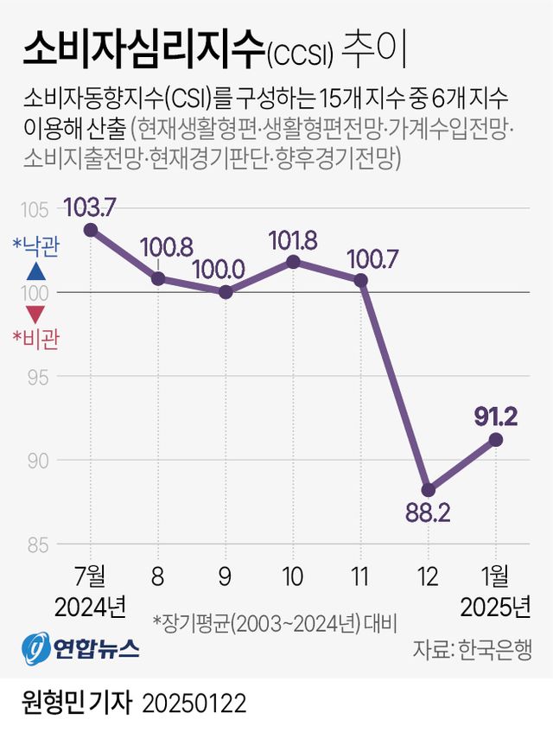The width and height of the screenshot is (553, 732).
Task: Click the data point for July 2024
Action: [90, 230]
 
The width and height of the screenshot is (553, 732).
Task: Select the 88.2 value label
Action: [428, 514]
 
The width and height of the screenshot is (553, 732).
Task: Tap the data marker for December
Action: [429, 489]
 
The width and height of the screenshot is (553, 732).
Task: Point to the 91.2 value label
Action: [495, 417]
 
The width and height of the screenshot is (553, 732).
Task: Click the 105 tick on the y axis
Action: [35, 209]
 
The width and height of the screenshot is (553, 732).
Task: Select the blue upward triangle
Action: [35, 271]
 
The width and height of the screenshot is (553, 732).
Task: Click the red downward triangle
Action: [35, 314]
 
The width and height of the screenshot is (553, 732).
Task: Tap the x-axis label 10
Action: [293, 575]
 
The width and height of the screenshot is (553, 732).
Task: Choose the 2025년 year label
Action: [496, 607]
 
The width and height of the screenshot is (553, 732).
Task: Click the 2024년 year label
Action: [90, 607]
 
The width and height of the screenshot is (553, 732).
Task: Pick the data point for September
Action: [226, 292]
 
